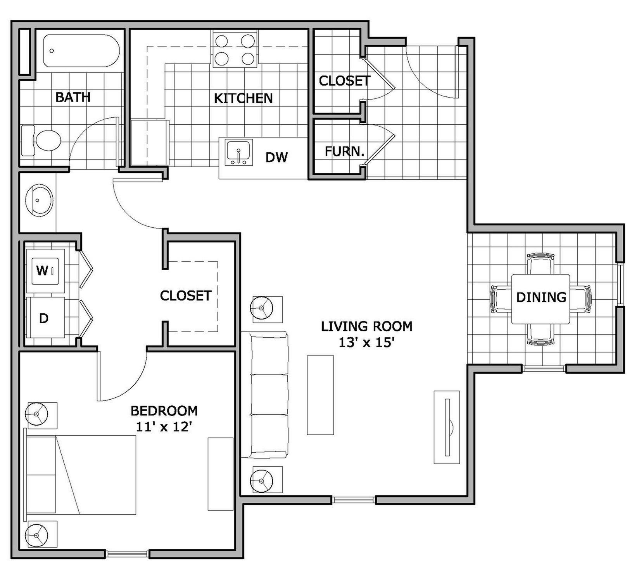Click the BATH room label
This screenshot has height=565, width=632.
point(73,97)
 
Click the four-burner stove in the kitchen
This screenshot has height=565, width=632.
point(235,49)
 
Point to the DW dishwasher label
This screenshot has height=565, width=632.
point(276,157)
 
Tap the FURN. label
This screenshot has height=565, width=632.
point(344,151)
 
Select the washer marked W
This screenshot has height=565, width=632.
point(44,271)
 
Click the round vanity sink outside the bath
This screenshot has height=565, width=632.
point(39,200)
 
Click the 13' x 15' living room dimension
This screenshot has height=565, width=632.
point(366,343)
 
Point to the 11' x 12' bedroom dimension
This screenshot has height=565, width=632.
point(164,427)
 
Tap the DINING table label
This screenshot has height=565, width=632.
point(541,297)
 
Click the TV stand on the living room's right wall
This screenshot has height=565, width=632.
point(446,427)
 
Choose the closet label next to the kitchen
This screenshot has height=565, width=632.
point(344,81)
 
